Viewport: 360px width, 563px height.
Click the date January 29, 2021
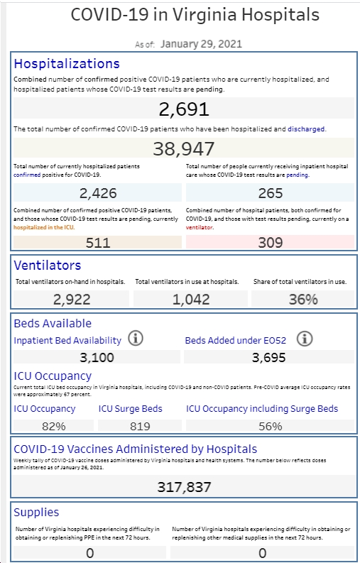[x=201, y=44]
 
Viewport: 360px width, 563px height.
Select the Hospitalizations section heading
[x=67, y=64]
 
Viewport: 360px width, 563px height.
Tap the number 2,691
[x=184, y=109]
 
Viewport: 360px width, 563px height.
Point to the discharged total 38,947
[x=184, y=148]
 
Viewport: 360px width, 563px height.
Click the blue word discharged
[x=306, y=129]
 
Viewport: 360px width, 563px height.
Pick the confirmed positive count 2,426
[x=98, y=193]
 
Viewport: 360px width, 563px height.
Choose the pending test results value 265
[x=271, y=193]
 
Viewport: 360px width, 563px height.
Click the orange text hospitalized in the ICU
[x=44, y=227]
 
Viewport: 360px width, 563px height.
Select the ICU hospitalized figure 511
[x=98, y=243]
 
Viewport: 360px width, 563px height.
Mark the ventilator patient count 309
[x=271, y=243]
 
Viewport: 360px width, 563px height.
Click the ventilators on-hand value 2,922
[x=72, y=299]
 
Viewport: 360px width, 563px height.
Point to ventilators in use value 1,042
[x=191, y=299]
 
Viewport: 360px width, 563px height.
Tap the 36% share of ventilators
[x=303, y=299]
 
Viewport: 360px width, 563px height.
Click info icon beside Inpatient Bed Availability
[x=136, y=339]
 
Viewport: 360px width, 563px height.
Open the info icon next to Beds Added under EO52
[x=305, y=339]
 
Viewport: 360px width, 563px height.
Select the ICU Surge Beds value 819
[x=140, y=426]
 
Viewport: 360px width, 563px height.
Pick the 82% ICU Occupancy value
[x=53, y=426]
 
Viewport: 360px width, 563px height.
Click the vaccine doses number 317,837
[x=184, y=487]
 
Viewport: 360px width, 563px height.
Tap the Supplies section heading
[x=36, y=513]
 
